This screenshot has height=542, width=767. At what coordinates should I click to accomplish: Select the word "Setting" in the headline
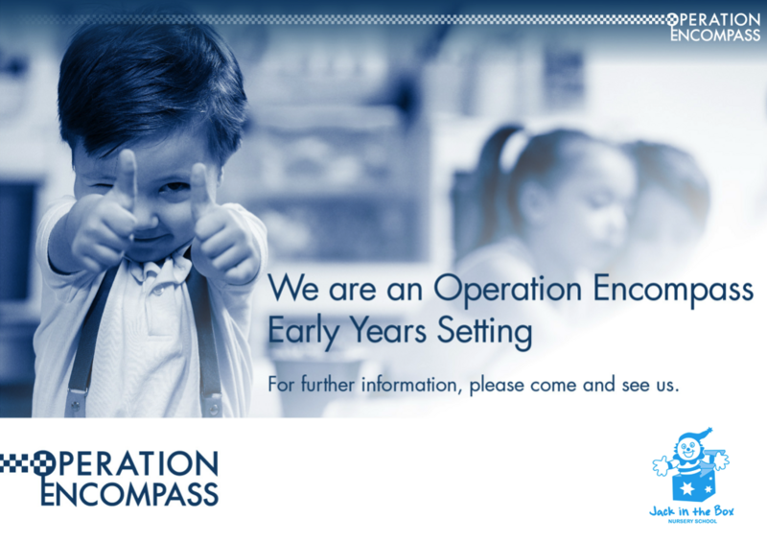484,332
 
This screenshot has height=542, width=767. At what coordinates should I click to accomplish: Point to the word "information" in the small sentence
409,385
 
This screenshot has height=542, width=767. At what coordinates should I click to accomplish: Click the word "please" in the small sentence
497,386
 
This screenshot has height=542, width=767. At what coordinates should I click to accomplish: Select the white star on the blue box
686,489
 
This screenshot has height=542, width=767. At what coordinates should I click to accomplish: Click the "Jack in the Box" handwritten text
691,511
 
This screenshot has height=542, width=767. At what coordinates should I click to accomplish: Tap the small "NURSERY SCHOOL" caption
692,522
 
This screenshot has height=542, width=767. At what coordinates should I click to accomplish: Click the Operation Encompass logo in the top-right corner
713,27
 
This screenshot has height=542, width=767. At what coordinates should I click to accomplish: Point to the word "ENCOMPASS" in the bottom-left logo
129,493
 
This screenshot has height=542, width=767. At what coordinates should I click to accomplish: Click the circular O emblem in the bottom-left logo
44,463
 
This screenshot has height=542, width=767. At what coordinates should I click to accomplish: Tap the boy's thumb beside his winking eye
128,176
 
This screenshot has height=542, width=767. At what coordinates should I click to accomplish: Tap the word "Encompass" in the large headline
673,290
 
